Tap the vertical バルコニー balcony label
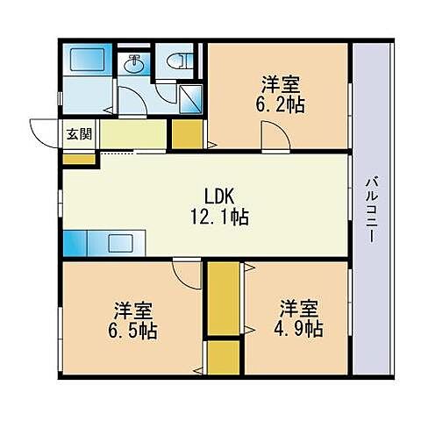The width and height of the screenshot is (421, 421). point(371,210)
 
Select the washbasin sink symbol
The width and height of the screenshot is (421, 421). point(135,64)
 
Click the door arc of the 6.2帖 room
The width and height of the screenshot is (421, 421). point(271,137)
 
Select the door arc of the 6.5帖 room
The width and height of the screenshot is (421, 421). point(187,274)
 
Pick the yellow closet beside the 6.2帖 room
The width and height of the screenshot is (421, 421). point(185,133)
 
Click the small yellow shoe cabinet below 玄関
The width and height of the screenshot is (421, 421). point(75,160)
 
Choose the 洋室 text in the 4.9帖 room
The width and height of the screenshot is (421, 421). point(298,309)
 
